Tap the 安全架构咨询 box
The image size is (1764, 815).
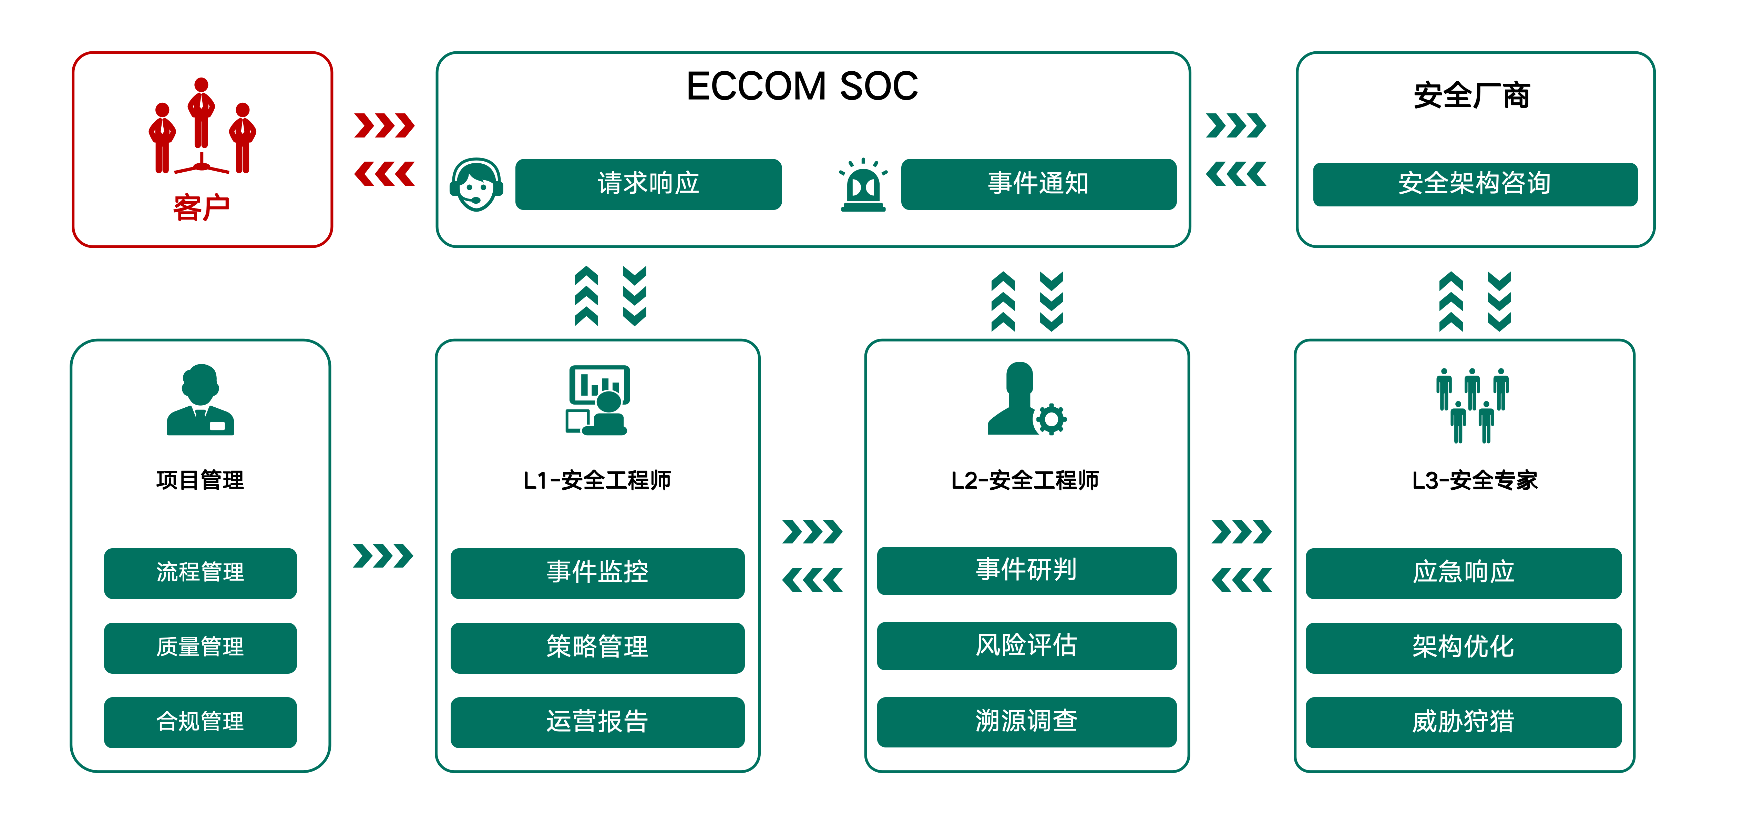coord(1475,184)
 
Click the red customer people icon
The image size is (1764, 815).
coord(202,125)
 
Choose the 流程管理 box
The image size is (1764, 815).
coord(200,572)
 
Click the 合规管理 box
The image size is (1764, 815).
coord(200,722)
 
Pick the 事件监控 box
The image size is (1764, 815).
coord(597,572)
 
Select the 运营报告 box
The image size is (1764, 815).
coord(597,722)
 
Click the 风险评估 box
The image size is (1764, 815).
coord(1026,645)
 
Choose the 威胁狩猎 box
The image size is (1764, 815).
coord(1463,722)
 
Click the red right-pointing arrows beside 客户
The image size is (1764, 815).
coord(384,125)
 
